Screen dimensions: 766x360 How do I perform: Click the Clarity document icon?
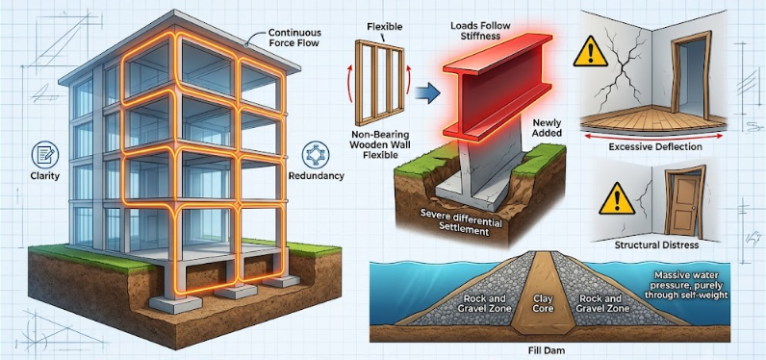pyautogui.click(x=44, y=155)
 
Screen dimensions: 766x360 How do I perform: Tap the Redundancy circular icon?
pyautogui.click(x=315, y=155)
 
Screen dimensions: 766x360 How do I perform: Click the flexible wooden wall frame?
pyautogui.click(x=379, y=76)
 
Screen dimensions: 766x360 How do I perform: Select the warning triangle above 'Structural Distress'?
pyautogui.click(x=616, y=198)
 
